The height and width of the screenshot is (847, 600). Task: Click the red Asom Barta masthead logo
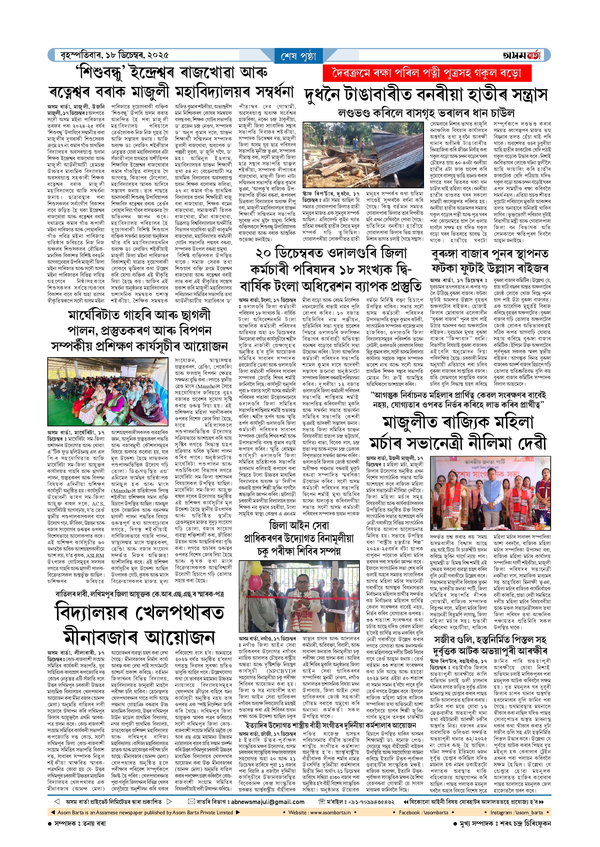(x=521, y=55)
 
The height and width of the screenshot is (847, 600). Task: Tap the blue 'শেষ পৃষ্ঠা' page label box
(x=299, y=56)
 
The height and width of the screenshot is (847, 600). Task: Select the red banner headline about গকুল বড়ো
(x=427, y=73)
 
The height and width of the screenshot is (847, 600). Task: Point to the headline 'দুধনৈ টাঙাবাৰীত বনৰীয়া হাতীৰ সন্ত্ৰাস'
(x=426, y=95)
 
